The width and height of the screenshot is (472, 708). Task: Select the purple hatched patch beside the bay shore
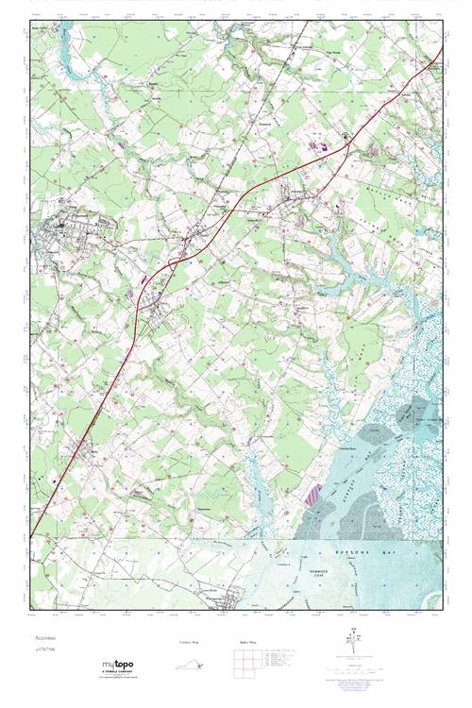(x=314, y=494)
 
